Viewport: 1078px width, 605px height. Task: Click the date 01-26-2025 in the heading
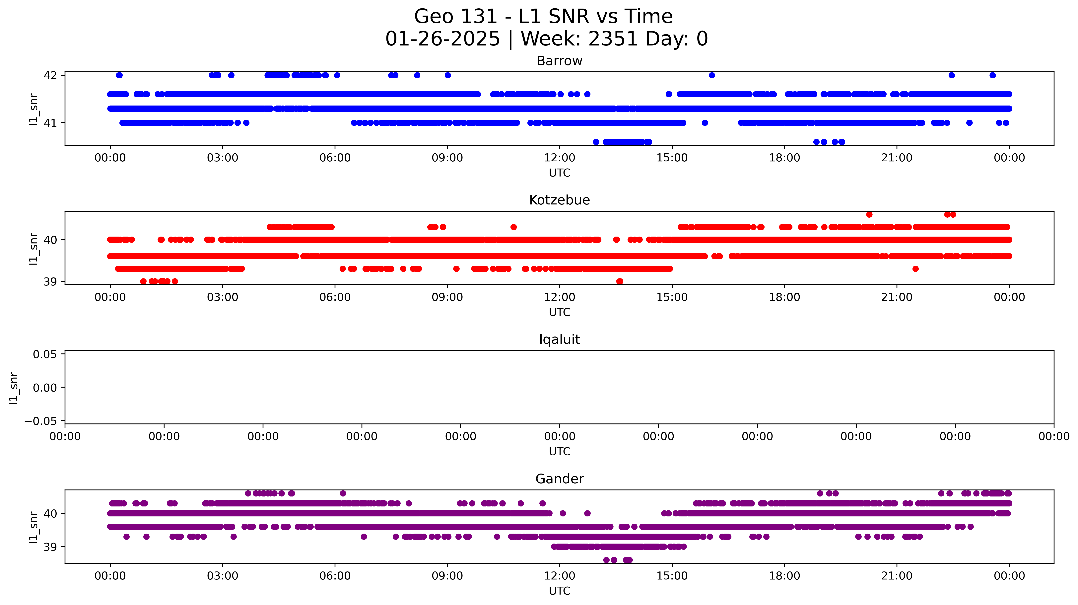(x=442, y=39)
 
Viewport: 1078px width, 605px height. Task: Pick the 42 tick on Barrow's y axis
(x=50, y=75)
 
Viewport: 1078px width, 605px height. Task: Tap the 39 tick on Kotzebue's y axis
(x=50, y=282)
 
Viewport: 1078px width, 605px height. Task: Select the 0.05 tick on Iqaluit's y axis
(x=45, y=355)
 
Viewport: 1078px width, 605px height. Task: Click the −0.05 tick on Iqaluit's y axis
(x=41, y=421)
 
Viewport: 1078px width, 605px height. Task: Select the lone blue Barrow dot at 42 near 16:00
(x=712, y=75)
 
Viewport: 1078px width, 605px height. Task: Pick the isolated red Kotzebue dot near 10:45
(x=513, y=227)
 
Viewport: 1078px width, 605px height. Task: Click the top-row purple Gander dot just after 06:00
(x=343, y=493)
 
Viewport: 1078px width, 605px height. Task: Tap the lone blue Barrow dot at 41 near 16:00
(x=705, y=123)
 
